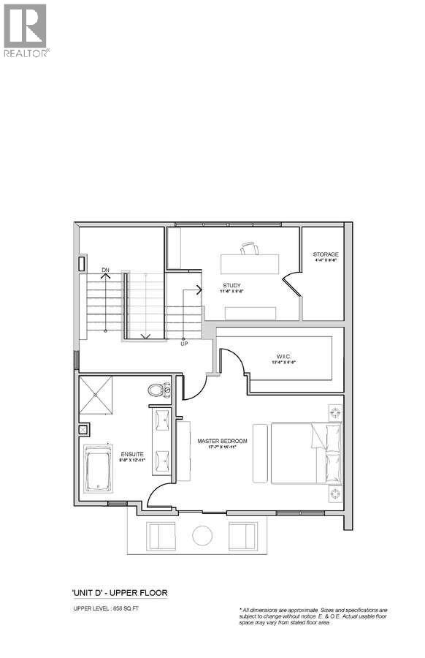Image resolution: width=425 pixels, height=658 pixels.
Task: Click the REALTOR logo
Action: pyautogui.click(x=26, y=30)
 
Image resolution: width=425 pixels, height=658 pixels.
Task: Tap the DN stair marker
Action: pyautogui.click(x=105, y=271)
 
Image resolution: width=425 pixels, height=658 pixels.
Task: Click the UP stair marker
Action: pyautogui.click(x=184, y=342)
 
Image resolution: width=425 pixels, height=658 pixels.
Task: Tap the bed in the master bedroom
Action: pyautogui.click(x=299, y=453)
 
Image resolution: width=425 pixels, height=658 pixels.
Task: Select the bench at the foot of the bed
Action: pyautogui.click(x=260, y=453)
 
